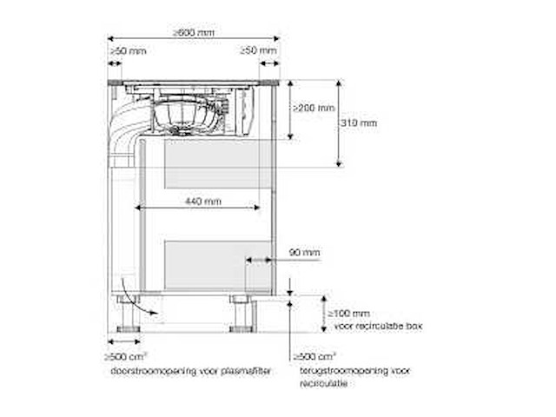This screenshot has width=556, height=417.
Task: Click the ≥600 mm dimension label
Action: coord(193,32)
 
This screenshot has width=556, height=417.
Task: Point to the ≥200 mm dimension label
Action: coord(313,109)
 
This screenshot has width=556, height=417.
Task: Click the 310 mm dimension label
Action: coord(360,123)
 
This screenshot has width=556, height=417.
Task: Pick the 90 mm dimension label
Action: coord(305,253)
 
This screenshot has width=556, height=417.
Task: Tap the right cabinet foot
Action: coord(242,313)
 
